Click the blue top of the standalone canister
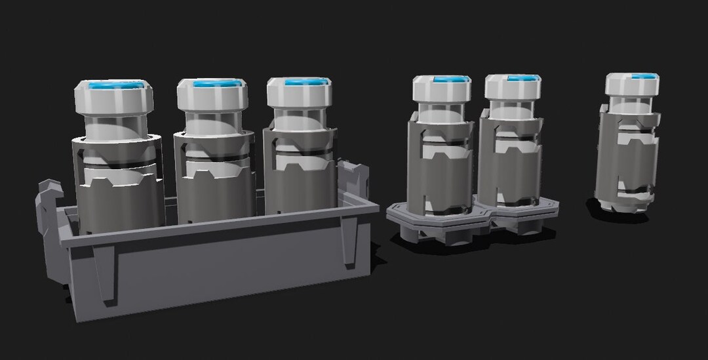(x=644, y=76)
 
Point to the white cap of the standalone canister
(x=632, y=86)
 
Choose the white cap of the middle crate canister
(x=212, y=97)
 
